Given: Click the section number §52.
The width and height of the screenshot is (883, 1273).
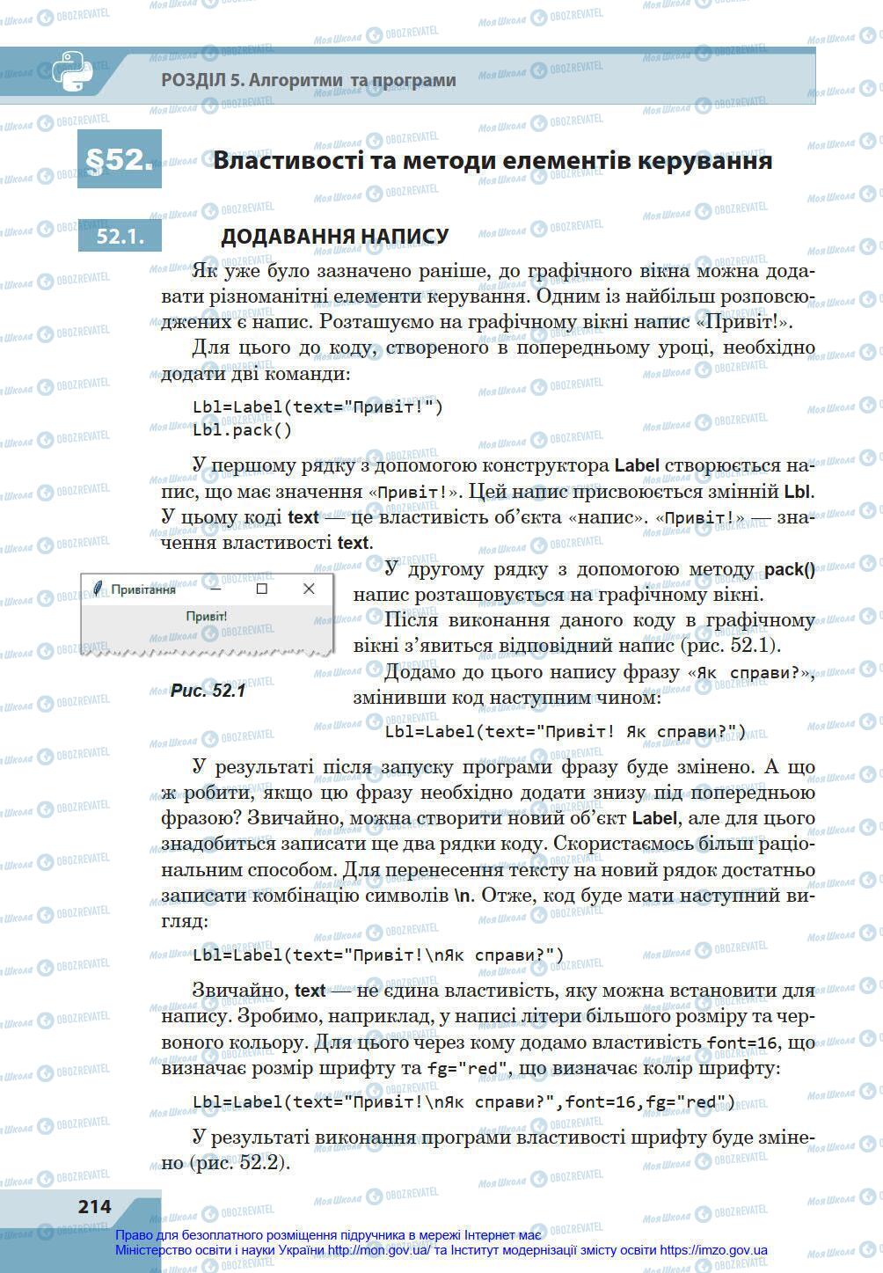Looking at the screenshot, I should tap(119, 159).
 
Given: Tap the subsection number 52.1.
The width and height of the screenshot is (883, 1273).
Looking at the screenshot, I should tap(120, 237).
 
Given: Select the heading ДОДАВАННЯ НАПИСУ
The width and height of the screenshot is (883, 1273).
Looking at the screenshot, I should tap(334, 237).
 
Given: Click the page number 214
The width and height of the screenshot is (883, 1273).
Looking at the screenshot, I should tap(94, 1205).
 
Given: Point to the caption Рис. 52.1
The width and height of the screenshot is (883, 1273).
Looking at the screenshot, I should tap(208, 691).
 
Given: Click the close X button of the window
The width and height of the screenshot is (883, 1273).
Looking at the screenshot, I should tap(308, 589).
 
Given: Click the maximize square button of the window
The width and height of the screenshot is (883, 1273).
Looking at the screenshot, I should tap(261, 589).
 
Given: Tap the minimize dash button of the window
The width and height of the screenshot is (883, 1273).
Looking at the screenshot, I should tap(214, 589).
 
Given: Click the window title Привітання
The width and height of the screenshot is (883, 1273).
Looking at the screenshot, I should tap(143, 589).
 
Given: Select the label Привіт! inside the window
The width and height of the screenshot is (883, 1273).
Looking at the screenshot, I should tap(207, 617).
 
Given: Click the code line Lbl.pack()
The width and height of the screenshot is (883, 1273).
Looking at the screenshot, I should tap(242, 430).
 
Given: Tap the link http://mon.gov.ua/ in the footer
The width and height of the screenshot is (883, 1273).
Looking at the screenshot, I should tap(379, 1250).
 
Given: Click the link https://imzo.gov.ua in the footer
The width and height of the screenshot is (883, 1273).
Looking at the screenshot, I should tap(713, 1250).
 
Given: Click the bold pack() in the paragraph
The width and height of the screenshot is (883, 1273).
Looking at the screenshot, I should tap(789, 570).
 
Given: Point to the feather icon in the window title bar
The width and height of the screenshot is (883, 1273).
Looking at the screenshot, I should tap(98, 589).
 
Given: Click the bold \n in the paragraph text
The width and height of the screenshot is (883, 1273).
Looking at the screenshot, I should tap(463, 896).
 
